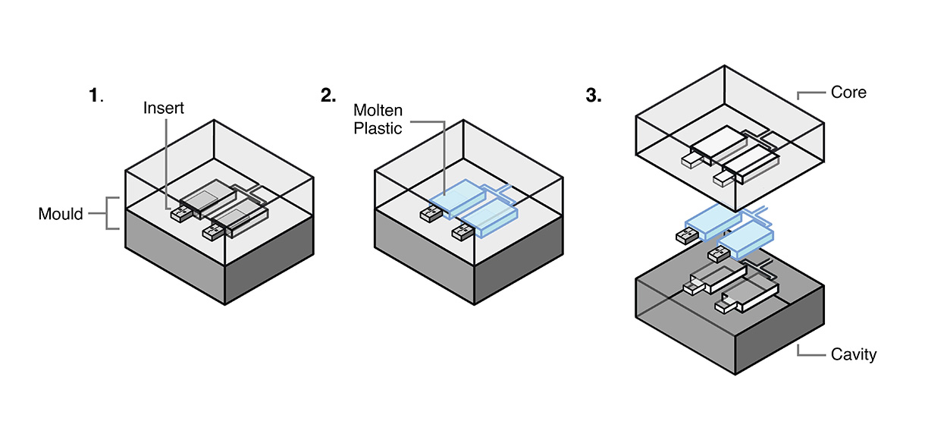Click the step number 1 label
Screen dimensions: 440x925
click(94, 96)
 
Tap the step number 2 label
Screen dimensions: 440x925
click(328, 96)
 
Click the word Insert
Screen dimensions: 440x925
click(164, 108)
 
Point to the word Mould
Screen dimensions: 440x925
click(61, 214)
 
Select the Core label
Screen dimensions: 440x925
click(848, 93)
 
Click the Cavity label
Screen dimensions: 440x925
click(853, 354)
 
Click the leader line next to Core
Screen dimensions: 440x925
click(809, 94)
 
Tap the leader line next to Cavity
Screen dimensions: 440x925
click(809, 353)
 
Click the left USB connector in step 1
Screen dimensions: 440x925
click(180, 215)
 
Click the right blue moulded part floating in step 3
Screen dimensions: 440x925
click(747, 237)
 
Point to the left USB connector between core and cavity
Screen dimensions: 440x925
click(685, 236)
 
